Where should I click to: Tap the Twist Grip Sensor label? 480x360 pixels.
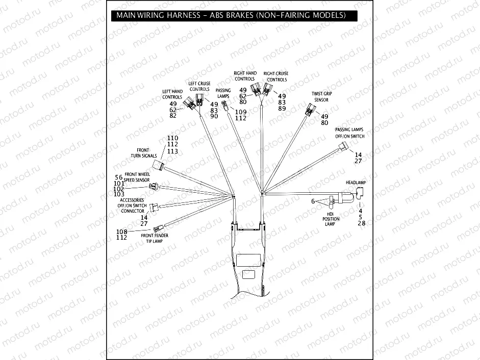(320, 97)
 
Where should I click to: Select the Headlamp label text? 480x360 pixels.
(357, 182)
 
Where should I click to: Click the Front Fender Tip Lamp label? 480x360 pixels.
(155, 238)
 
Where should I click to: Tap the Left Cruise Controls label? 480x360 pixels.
(199, 86)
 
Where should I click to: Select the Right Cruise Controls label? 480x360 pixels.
(276, 76)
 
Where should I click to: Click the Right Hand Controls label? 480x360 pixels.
(245, 76)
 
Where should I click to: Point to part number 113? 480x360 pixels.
(172, 151)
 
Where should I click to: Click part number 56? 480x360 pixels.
(119, 177)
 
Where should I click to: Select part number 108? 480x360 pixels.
(121, 232)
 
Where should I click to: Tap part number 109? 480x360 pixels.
(241, 112)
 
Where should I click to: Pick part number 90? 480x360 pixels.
(214, 116)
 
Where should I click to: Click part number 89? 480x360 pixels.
(282, 109)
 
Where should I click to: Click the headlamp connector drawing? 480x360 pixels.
(357, 192)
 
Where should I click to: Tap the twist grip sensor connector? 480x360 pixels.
(309, 110)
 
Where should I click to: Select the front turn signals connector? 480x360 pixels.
(163, 167)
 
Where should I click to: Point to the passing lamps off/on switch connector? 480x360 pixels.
(342, 148)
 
